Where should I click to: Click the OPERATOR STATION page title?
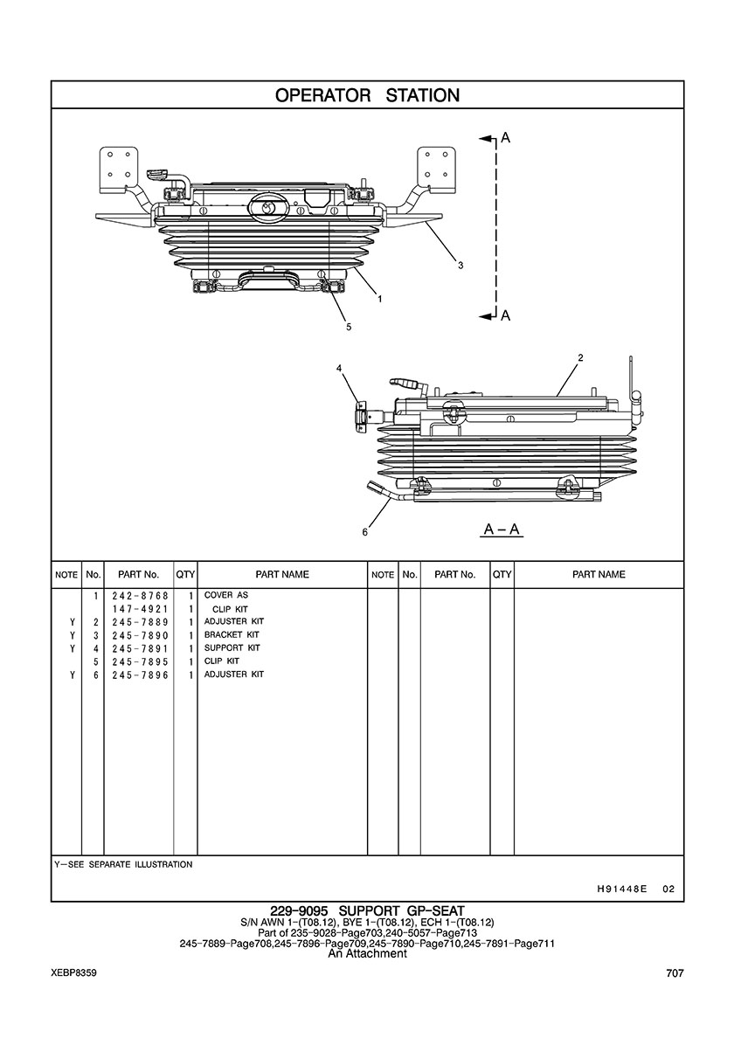367,95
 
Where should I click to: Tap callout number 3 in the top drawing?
460,266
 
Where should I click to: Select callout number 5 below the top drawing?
349,327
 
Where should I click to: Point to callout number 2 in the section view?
580,357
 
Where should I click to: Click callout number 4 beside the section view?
339,369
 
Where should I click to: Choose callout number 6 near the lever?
365,531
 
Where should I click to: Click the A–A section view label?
502,529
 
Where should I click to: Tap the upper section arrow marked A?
505,138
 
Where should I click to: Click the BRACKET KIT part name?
232,634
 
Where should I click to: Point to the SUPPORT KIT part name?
232,648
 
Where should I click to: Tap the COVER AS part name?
225,595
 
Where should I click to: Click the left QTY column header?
185,575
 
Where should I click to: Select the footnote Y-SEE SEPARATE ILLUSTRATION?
123,864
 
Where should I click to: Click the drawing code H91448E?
620,889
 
